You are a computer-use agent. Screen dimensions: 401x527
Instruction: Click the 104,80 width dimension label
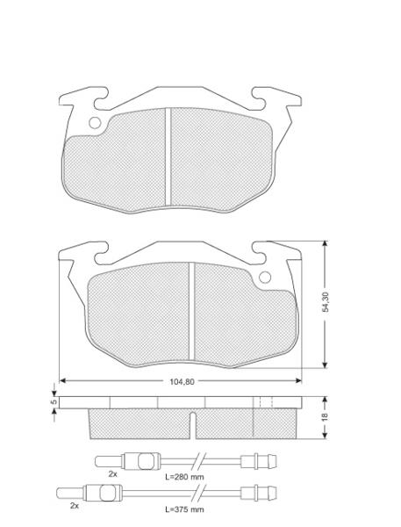point(182,382)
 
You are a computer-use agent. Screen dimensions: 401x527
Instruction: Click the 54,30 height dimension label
point(325,302)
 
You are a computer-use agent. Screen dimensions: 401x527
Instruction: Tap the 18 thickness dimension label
point(325,417)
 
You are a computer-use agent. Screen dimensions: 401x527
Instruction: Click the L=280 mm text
point(184,477)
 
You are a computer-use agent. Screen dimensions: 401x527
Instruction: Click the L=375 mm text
point(184,509)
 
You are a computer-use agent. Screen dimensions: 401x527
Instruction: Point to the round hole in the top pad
point(95,123)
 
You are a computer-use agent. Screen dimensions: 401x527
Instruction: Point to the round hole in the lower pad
point(265,278)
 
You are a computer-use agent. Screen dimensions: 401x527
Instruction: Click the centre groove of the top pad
point(168,156)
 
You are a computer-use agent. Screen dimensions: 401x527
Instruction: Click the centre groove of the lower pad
point(192,311)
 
